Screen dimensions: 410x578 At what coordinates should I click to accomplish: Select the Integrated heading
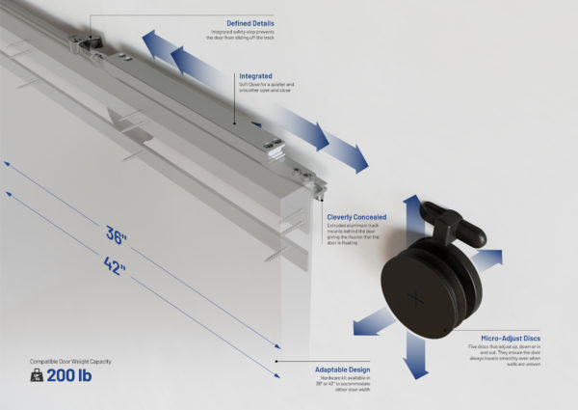256,74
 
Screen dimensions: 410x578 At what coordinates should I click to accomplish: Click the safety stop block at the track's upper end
92,41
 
